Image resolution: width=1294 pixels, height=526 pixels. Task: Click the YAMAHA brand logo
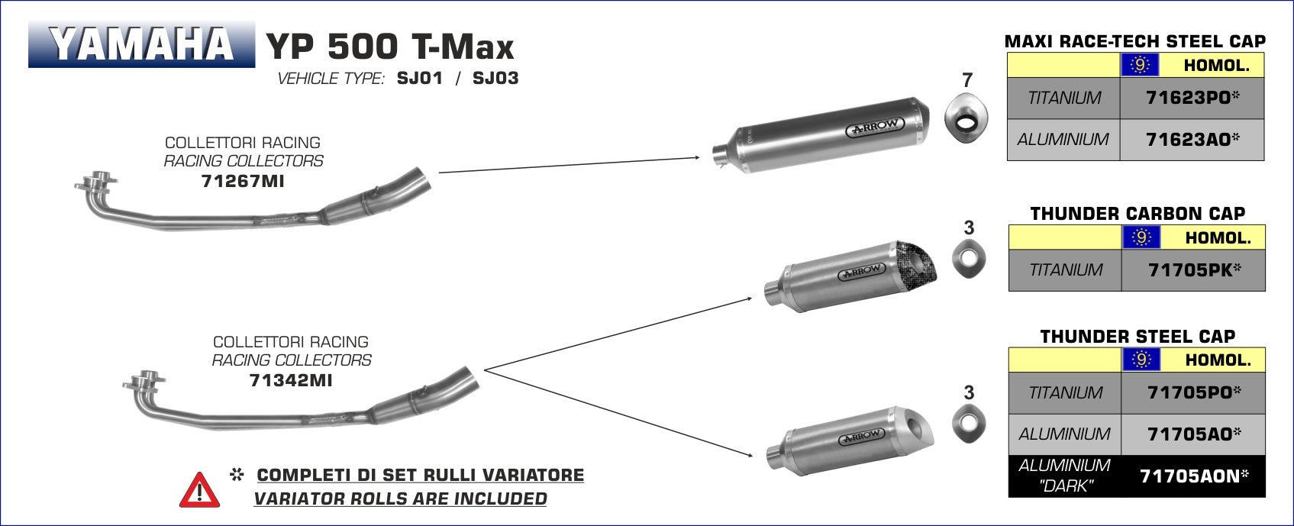pos(142,44)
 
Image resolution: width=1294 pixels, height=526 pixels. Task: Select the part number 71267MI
pos(244,181)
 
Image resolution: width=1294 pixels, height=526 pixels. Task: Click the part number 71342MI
pos(291,380)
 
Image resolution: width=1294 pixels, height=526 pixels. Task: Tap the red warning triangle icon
pos(199,491)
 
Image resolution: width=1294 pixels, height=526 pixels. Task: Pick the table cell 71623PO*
pos(1192,98)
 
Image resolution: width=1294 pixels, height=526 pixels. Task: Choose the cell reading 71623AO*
pos(1192,140)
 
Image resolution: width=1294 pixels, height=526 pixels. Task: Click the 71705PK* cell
pos(1193,269)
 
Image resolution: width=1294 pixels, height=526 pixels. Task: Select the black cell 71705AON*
pos(1193,476)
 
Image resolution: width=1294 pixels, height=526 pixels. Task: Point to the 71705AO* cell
pos(1193,434)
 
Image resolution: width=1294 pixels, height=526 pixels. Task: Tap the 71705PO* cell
pos(1193,392)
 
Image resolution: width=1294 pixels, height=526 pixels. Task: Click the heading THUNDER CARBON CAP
pos(1137,214)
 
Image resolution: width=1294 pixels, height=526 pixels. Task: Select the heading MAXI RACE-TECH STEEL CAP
pos(1134,41)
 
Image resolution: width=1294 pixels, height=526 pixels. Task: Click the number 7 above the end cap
pos(967,79)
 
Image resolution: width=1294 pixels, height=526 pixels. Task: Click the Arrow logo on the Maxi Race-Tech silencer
pos(875,127)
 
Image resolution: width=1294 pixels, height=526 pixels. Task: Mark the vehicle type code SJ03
pos(495,78)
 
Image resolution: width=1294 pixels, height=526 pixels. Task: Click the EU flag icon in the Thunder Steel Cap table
pos(1141,360)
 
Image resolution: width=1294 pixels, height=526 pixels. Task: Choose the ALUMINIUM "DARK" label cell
pos(1064,476)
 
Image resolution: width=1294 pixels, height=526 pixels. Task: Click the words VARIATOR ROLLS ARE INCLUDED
pos(400,499)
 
